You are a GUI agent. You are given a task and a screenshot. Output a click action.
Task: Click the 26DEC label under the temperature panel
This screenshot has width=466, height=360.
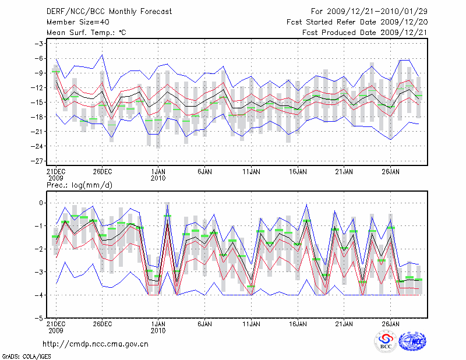coord(102,172)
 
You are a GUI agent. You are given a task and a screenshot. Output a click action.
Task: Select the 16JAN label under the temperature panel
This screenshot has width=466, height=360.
coord(298,172)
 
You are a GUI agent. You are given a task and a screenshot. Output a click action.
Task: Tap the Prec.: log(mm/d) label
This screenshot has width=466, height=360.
coord(79,185)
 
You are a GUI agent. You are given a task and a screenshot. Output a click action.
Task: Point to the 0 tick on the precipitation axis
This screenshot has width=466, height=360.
coord(41,203)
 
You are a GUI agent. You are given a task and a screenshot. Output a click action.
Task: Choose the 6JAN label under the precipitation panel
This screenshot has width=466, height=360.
coord(204,324)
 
